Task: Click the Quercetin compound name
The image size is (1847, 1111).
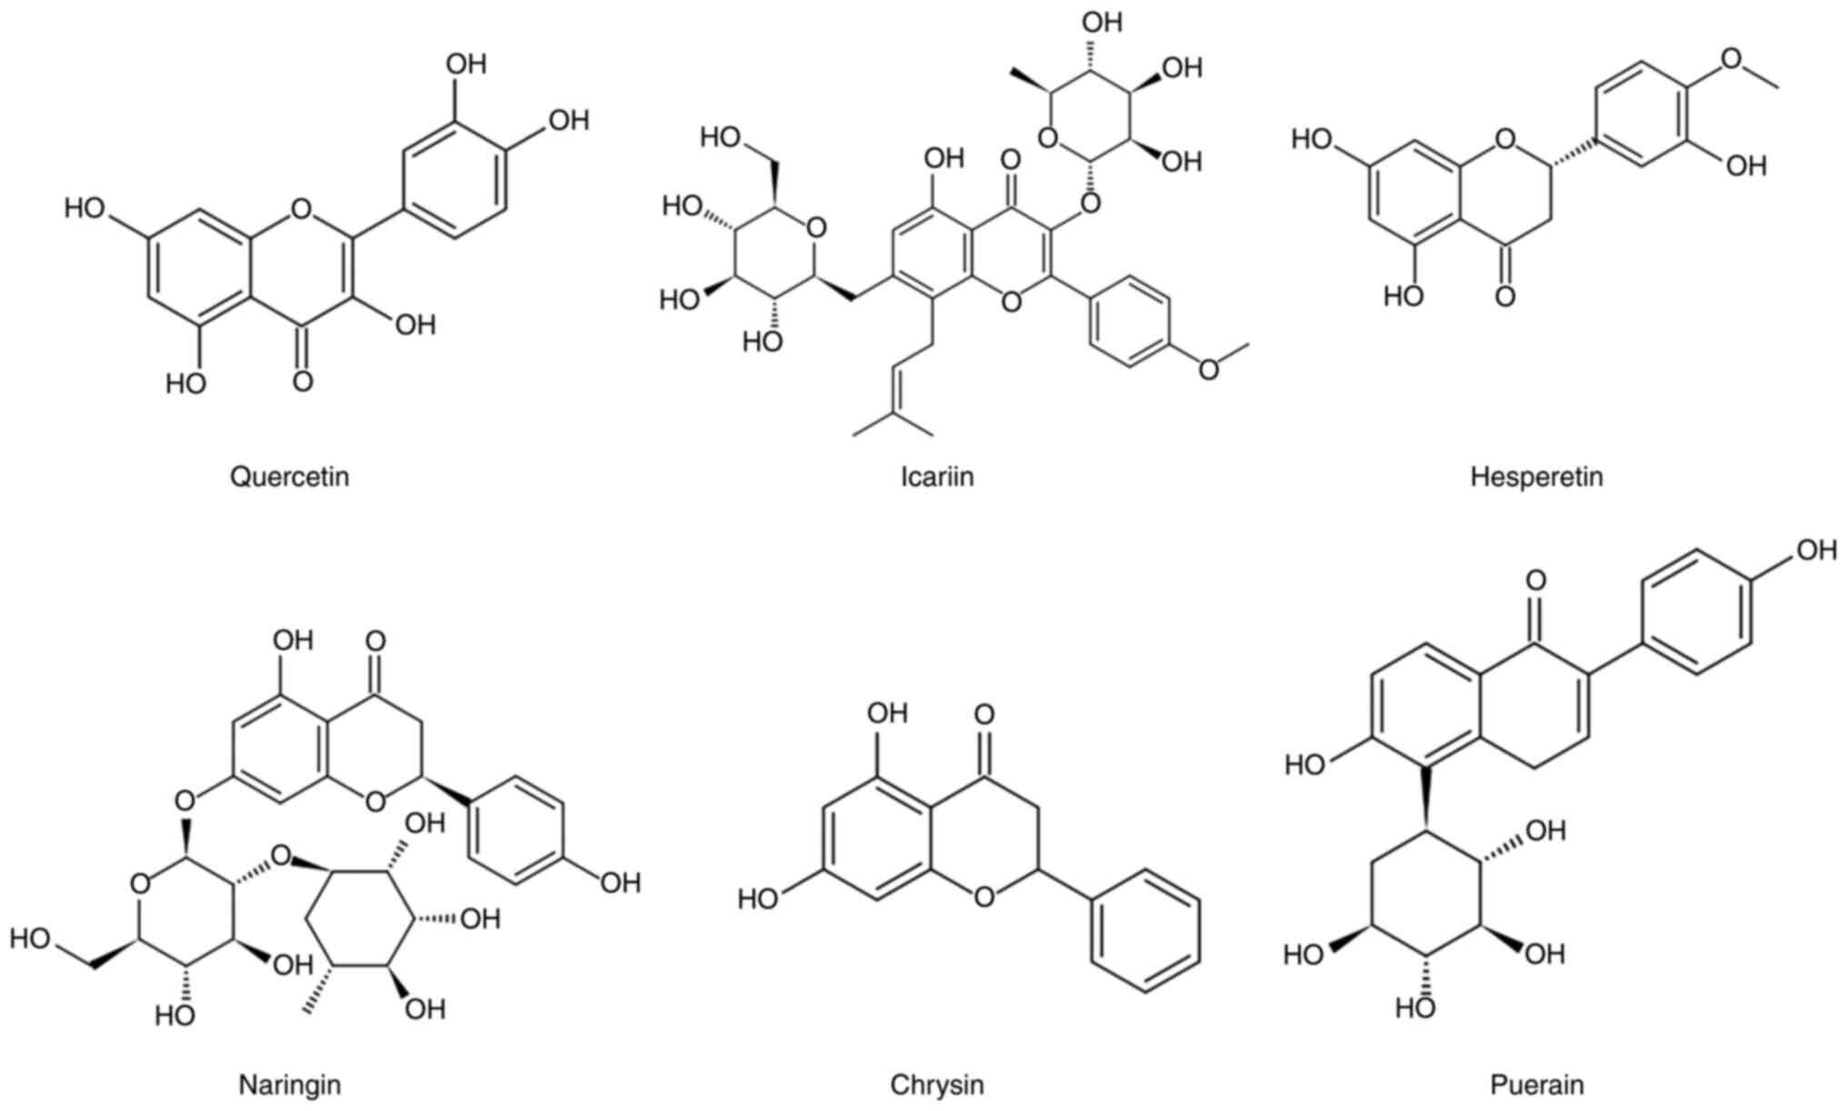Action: [289, 476]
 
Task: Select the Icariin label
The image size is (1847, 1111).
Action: [936, 476]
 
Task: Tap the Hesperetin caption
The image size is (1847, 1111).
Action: [1536, 476]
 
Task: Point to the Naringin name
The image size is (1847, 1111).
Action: [289, 1085]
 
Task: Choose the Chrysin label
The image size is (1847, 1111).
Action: [936, 1085]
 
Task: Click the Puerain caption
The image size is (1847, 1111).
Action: [1536, 1085]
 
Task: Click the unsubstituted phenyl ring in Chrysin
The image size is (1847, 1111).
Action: [1145, 930]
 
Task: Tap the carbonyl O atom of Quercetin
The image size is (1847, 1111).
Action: [304, 381]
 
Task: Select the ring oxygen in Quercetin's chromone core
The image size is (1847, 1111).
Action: [302, 210]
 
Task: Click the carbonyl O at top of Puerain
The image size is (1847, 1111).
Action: [1535, 580]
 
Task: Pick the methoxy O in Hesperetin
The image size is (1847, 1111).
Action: [1731, 59]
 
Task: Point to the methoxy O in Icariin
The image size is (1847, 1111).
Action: [1208, 370]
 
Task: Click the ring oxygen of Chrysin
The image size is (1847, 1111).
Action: [983, 898]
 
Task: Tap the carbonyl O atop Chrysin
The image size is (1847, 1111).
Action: [983, 715]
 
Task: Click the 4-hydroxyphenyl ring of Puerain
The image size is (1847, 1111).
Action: [1697, 612]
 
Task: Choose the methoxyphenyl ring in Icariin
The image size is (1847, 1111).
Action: [1130, 322]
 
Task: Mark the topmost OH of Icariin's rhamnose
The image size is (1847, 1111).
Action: [1103, 22]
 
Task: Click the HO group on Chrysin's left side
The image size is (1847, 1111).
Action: [758, 899]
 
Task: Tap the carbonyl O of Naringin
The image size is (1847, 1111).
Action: [375, 641]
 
